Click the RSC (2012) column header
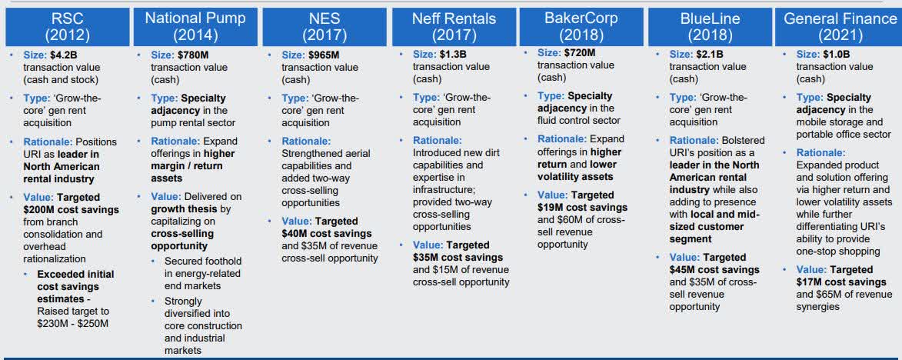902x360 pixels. (x=68, y=26)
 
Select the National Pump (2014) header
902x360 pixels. (x=195, y=26)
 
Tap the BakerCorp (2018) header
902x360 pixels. (x=581, y=26)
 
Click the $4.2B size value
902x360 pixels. (x=58, y=55)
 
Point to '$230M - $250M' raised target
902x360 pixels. (x=72, y=323)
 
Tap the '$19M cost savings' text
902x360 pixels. (x=583, y=208)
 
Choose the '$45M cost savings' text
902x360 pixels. (x=714, y=270)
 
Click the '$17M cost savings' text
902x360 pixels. (x=841, y=282)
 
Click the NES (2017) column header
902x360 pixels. (x=325, y=26)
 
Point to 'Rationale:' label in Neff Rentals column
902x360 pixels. (x=438, y=140)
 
